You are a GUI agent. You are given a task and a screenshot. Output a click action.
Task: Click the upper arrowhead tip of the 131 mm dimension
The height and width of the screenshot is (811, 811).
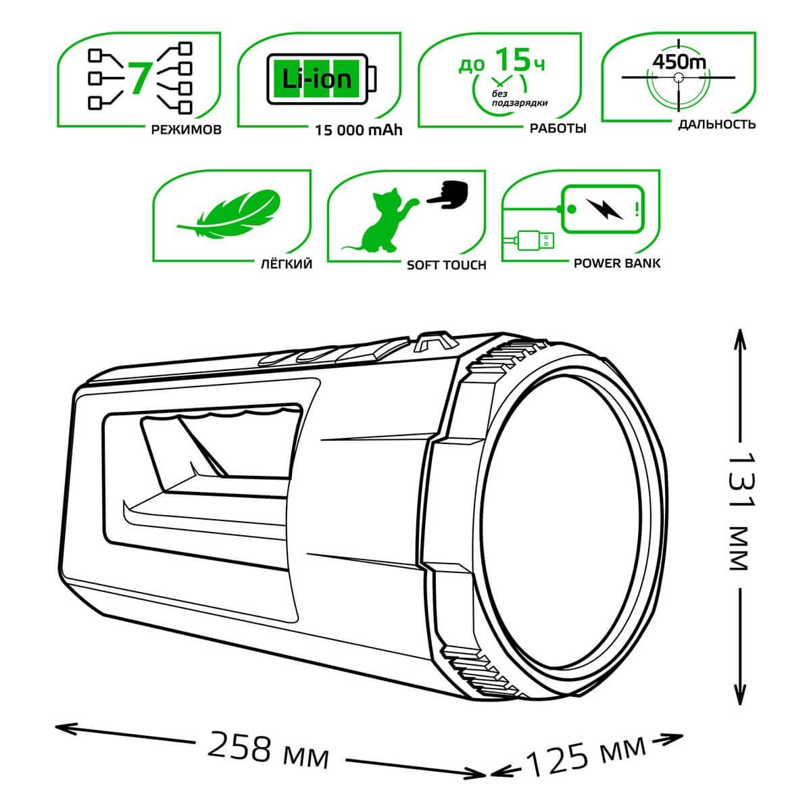click(x=740, y=330)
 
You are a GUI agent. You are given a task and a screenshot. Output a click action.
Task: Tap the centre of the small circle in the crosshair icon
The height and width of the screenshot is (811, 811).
click(x=678, y=78)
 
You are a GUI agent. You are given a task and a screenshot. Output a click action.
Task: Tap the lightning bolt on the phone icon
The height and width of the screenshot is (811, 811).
click(x=604, y=209)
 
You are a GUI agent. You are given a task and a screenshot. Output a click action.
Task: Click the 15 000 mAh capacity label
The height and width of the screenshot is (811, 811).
click(x=359, y=130)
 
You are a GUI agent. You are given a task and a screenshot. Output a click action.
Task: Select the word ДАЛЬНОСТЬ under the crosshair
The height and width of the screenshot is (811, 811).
click(x=717, y=124)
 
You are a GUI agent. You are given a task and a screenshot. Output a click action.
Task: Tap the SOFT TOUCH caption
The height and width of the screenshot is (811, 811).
click(x=447, y=265)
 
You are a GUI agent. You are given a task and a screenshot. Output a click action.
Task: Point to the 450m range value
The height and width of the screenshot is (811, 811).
click(x=679, y=62)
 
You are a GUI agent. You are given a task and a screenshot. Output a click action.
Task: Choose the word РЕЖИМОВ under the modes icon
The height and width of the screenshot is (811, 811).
click(x=186, y=129)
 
